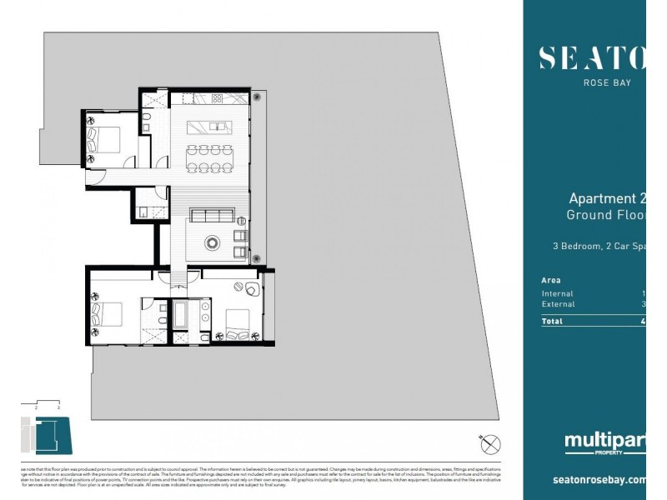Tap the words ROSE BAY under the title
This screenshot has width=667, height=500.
coord(606,82)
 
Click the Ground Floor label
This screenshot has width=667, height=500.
coord(606,215)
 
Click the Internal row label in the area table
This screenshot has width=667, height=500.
coord(558,293)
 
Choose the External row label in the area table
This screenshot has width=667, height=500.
coord(559,304)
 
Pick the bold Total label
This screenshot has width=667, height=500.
coord(552,321)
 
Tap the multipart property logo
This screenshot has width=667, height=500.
coord(604,442)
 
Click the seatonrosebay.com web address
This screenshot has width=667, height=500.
coord(599,480)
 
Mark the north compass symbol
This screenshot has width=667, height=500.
coord(490,444)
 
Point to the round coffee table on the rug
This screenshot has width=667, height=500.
coord(211,244)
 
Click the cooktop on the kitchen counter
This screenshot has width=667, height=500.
coord(217,98)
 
